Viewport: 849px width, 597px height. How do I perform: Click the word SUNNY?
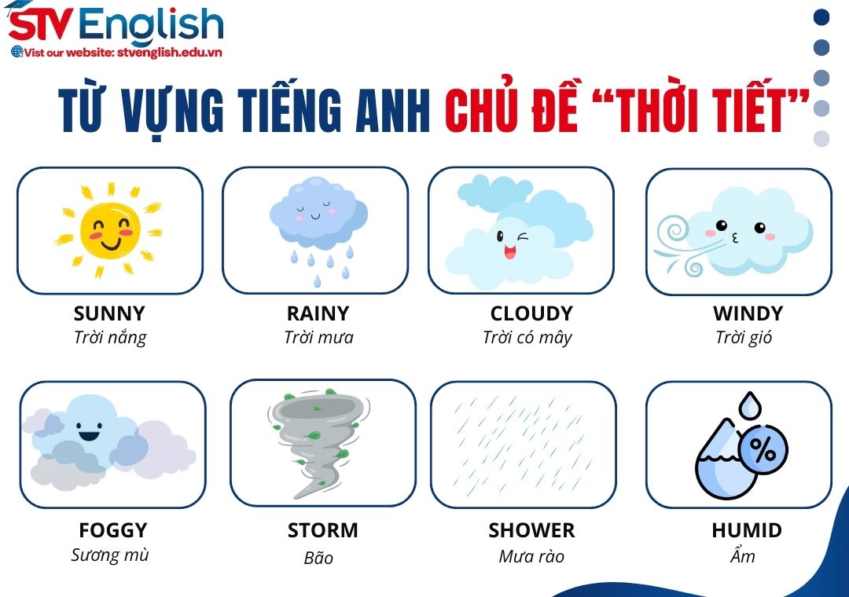[x=109, y=313]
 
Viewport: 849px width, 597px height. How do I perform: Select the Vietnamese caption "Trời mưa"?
[x=318, y=338]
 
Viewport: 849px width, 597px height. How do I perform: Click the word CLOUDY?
[x=531, y=313]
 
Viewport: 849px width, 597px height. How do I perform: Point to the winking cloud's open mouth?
[x=509, y=252]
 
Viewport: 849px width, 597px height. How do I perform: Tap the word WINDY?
[x=748, y=313]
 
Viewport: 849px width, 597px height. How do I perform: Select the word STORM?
[x=322, y=530]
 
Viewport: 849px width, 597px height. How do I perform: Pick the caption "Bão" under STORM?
[x=318, y=558]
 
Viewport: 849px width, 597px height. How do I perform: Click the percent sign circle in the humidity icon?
[x=762, y=449]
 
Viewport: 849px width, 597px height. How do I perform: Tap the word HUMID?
[x=746, y=530]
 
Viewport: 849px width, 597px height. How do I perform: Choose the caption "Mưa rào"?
[x=531, y=557]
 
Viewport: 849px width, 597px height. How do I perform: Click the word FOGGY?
[x=112, y=530]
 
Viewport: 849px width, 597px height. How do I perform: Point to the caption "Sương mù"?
[x=110, y=555]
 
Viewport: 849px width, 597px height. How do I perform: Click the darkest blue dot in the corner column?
[x=821, y=16]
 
